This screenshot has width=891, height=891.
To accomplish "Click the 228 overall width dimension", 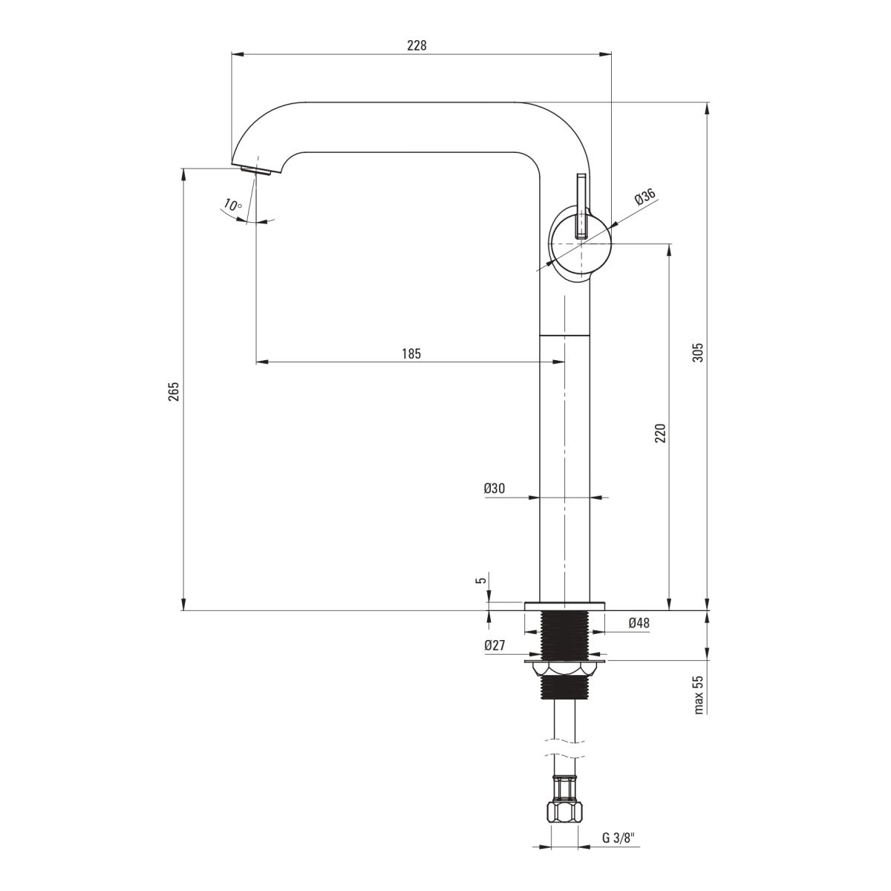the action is (417, 45).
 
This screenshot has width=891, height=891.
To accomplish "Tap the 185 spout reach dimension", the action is (411, 353).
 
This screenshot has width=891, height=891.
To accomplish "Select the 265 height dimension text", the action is (174, 391).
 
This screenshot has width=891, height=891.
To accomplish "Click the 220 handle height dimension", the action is (660, 433).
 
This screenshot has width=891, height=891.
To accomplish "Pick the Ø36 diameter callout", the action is (645, 197).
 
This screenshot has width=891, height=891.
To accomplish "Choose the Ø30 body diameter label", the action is (495, 489).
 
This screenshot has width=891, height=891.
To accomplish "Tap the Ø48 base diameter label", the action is (639, 623).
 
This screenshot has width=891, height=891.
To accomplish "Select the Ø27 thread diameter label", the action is (495, 645).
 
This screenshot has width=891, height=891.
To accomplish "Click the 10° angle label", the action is (232, 204).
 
